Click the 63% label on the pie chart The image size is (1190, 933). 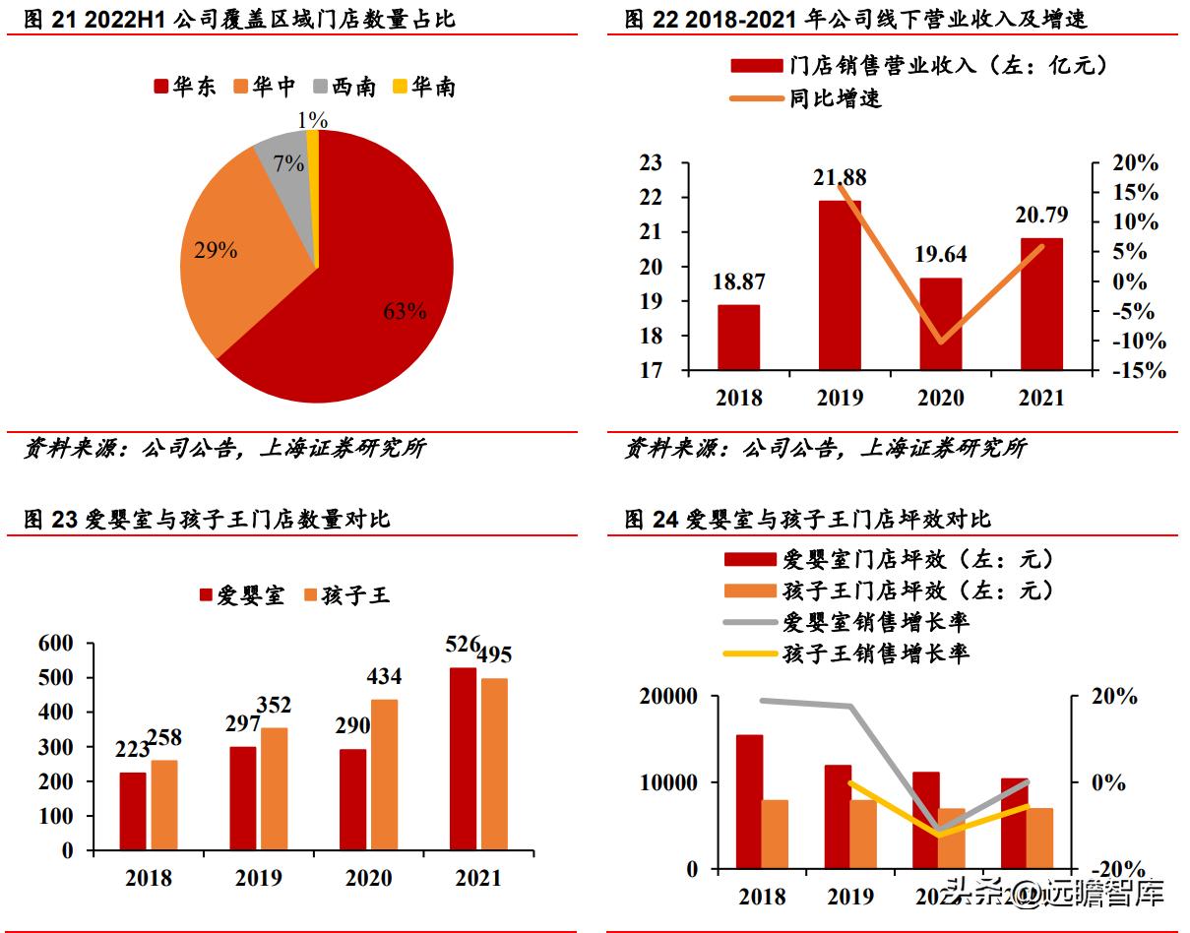coord(405,312)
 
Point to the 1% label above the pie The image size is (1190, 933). coord(312,120)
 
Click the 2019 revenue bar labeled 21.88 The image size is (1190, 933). coord(840,285)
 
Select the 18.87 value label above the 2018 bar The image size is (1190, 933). coord(737,282)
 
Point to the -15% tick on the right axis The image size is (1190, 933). coord(1140,371)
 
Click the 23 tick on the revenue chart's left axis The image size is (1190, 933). coord(651,163)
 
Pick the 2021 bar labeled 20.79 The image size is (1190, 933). coord(1041,304)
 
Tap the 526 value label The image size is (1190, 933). coord(462,645)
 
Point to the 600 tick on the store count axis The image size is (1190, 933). coord(55,643)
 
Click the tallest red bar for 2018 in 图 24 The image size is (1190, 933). coord(749,801)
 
